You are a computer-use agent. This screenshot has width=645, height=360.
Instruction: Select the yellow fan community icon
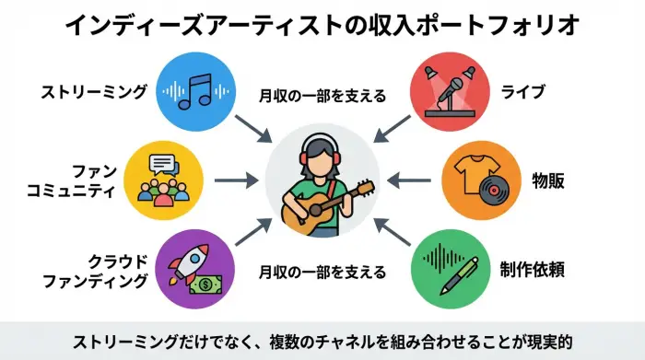[x=163, y=177]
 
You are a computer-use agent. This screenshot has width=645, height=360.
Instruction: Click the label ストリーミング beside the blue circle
[x=94, y=92]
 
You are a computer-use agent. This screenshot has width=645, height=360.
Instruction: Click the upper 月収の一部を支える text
[x=321, y=94]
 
